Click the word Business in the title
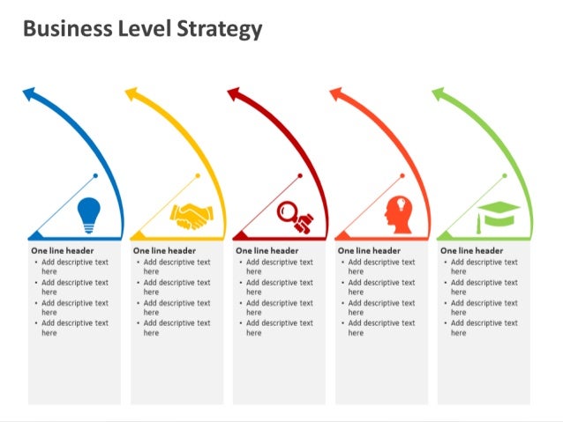pos(66,29)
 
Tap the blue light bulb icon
pos(89,215)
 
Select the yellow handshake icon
pos(191,216)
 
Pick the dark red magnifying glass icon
pos(293,216)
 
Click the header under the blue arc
pos(63,251)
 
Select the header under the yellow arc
pos(165,251)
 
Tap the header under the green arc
pos(472,251)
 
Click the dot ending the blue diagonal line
pos(95,175)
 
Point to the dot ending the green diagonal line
pos(505,175)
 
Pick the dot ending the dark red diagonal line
pos(300,175)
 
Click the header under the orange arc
pos(370,251)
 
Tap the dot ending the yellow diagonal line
pos(198,175)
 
